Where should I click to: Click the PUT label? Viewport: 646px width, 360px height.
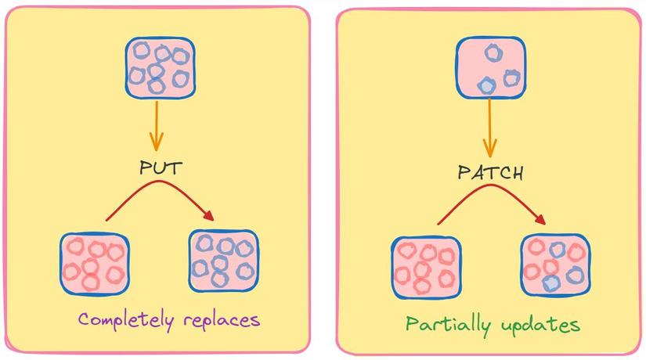pos(157,168)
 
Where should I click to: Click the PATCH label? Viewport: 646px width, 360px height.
pos(490,173)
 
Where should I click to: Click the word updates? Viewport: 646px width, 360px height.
pos(543,324)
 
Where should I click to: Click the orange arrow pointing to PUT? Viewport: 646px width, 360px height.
pos(157,125)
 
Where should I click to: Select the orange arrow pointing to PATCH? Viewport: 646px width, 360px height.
pos(490,128)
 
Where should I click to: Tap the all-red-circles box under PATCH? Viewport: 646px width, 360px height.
pos(425,265)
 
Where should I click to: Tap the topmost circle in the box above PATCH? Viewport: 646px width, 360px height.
pos(493,52)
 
